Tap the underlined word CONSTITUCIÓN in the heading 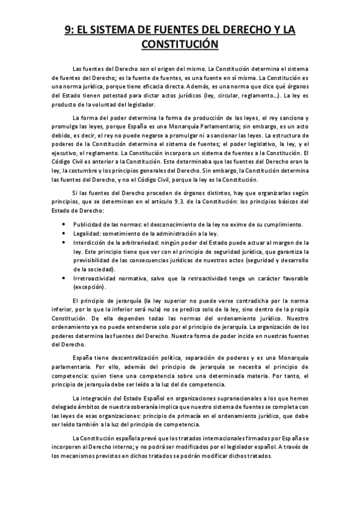click(180, 44)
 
